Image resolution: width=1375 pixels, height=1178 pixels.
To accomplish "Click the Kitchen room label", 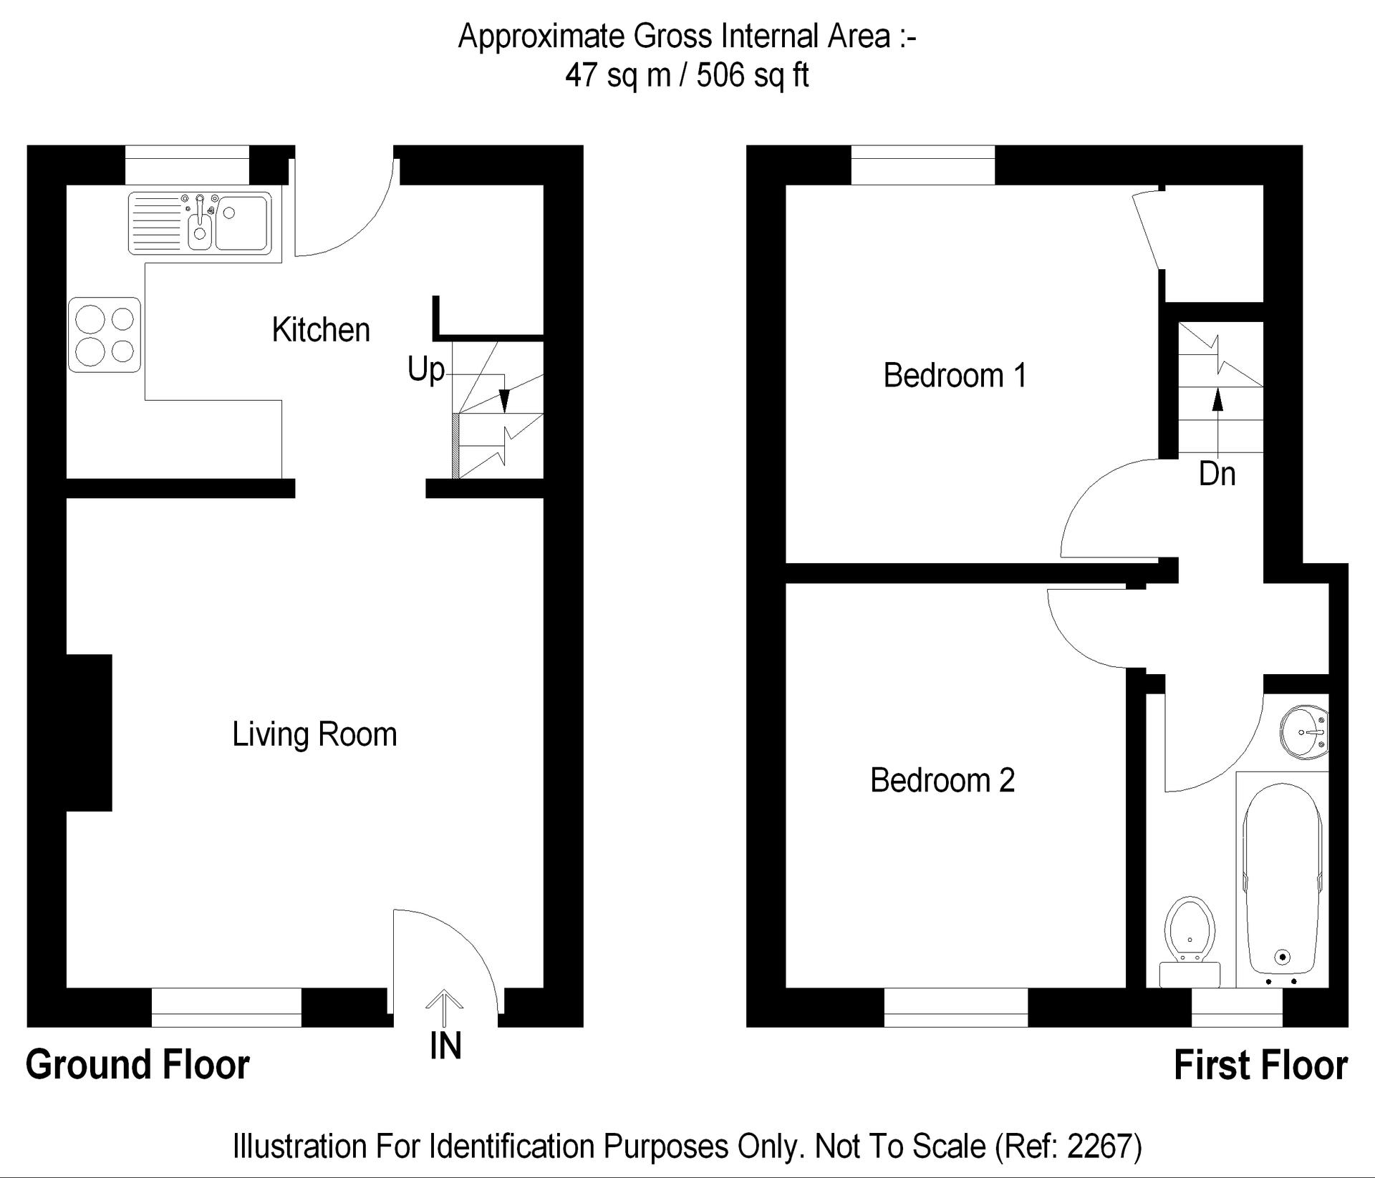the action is click(x=321, y=330).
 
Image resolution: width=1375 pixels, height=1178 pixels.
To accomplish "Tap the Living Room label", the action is click(x=314, y=734).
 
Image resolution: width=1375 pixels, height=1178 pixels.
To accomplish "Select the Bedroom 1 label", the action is click(x=955, y=375).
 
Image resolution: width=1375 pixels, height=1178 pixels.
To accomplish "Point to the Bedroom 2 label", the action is click(x=942, y=780).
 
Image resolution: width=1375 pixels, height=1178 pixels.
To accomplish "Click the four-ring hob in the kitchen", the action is click(x=105, y=335).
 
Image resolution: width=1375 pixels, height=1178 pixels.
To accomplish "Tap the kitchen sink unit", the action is click(x=201, y=223).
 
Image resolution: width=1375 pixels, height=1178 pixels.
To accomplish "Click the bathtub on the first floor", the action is click(x=1283, y=880).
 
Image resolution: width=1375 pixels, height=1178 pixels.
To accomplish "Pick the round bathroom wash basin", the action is click(x=1305, y=732).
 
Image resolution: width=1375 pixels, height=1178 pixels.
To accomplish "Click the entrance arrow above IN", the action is click(x=445, y=1009).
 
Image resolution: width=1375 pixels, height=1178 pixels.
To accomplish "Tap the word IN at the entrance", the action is click(x=445, y=1046).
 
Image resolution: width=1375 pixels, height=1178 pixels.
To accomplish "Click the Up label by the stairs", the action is click(x=426, y=371).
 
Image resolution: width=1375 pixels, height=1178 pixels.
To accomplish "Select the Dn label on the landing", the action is click(x=1217, y=474).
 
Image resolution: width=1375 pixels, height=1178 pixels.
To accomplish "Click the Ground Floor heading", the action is click(x=137, y=1065).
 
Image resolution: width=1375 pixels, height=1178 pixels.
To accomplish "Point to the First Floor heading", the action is click(x=1260, y=1065).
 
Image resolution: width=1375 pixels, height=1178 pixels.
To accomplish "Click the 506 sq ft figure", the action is click(x=753, y=74).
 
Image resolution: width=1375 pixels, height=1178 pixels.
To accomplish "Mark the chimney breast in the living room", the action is click(x=90, y=733).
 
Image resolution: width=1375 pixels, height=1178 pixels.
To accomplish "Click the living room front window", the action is click(x=226, y=1008).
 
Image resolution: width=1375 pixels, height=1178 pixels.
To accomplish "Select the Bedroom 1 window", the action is click(x=923, y=165).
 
